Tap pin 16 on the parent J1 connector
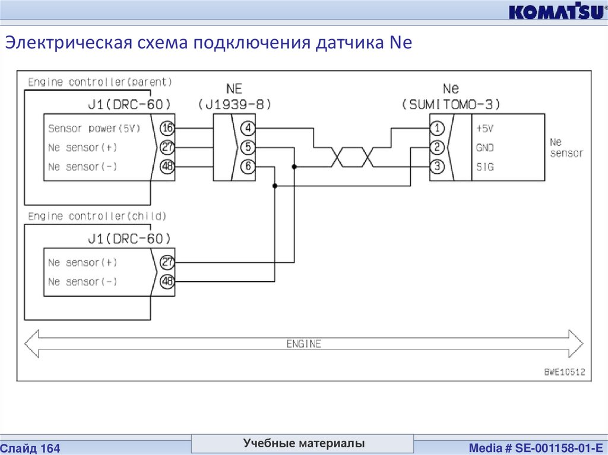pos(167,128)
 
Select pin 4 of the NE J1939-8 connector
pos(248,128)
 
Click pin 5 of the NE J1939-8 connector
pos(248,148)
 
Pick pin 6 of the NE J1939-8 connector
pos(248,167)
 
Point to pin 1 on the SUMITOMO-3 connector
pos(437,128)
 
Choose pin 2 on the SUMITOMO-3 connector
pos(437,148)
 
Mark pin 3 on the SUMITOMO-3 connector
pos(437,167)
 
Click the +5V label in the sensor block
pos(484,128)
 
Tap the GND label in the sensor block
pos(484,148)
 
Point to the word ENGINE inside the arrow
pos(303,344)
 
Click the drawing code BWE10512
pos(565,373)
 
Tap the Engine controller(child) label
pos(97,216)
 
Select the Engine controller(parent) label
pos(100,82)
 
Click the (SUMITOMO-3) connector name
pos(451,105)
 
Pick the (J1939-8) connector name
pos(235,105)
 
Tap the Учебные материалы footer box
pos(303,444)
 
